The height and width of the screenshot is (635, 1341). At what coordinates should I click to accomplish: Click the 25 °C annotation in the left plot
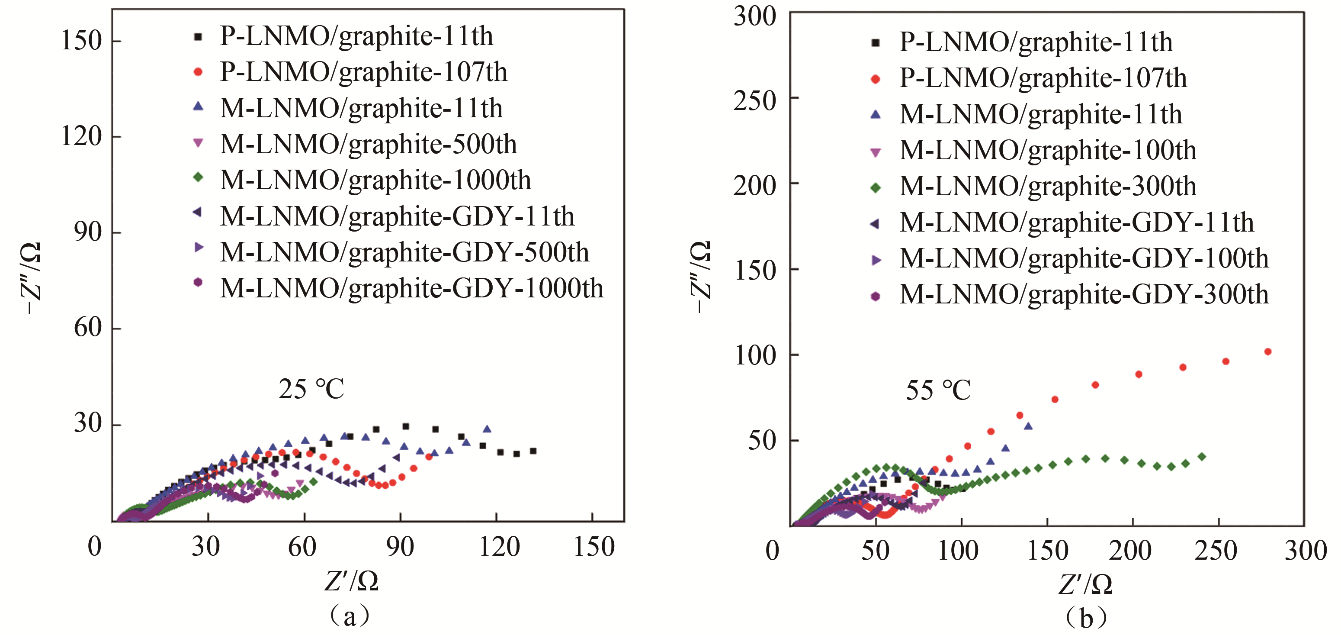coord(311,389)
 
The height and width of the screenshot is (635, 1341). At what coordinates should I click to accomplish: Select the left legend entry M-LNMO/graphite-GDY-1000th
coord(411,288)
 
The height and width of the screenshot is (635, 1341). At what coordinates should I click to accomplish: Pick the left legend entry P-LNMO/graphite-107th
coord(363,72)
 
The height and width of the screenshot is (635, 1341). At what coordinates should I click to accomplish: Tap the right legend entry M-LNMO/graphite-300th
coord(1047,187)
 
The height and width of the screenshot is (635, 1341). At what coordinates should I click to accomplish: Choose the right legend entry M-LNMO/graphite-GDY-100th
coord(1084,258)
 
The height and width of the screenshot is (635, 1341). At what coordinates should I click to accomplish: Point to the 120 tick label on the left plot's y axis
coord(81,136)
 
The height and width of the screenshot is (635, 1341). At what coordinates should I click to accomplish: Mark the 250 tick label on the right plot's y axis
coord(754,100)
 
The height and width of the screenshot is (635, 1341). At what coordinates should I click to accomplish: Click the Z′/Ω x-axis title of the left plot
coord(351,581)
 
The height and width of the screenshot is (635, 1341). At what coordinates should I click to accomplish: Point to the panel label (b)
coord(1085,618)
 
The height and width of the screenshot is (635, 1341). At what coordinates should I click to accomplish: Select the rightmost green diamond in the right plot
coord(1202,457)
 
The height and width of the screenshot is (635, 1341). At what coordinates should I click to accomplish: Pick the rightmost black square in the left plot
coord(533,451)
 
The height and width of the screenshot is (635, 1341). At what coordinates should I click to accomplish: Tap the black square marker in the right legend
coord(876,43)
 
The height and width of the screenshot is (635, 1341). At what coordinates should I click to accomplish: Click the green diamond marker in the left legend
coord(198,177)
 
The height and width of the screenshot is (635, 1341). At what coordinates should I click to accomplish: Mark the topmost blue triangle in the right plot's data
coord(1028,426)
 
